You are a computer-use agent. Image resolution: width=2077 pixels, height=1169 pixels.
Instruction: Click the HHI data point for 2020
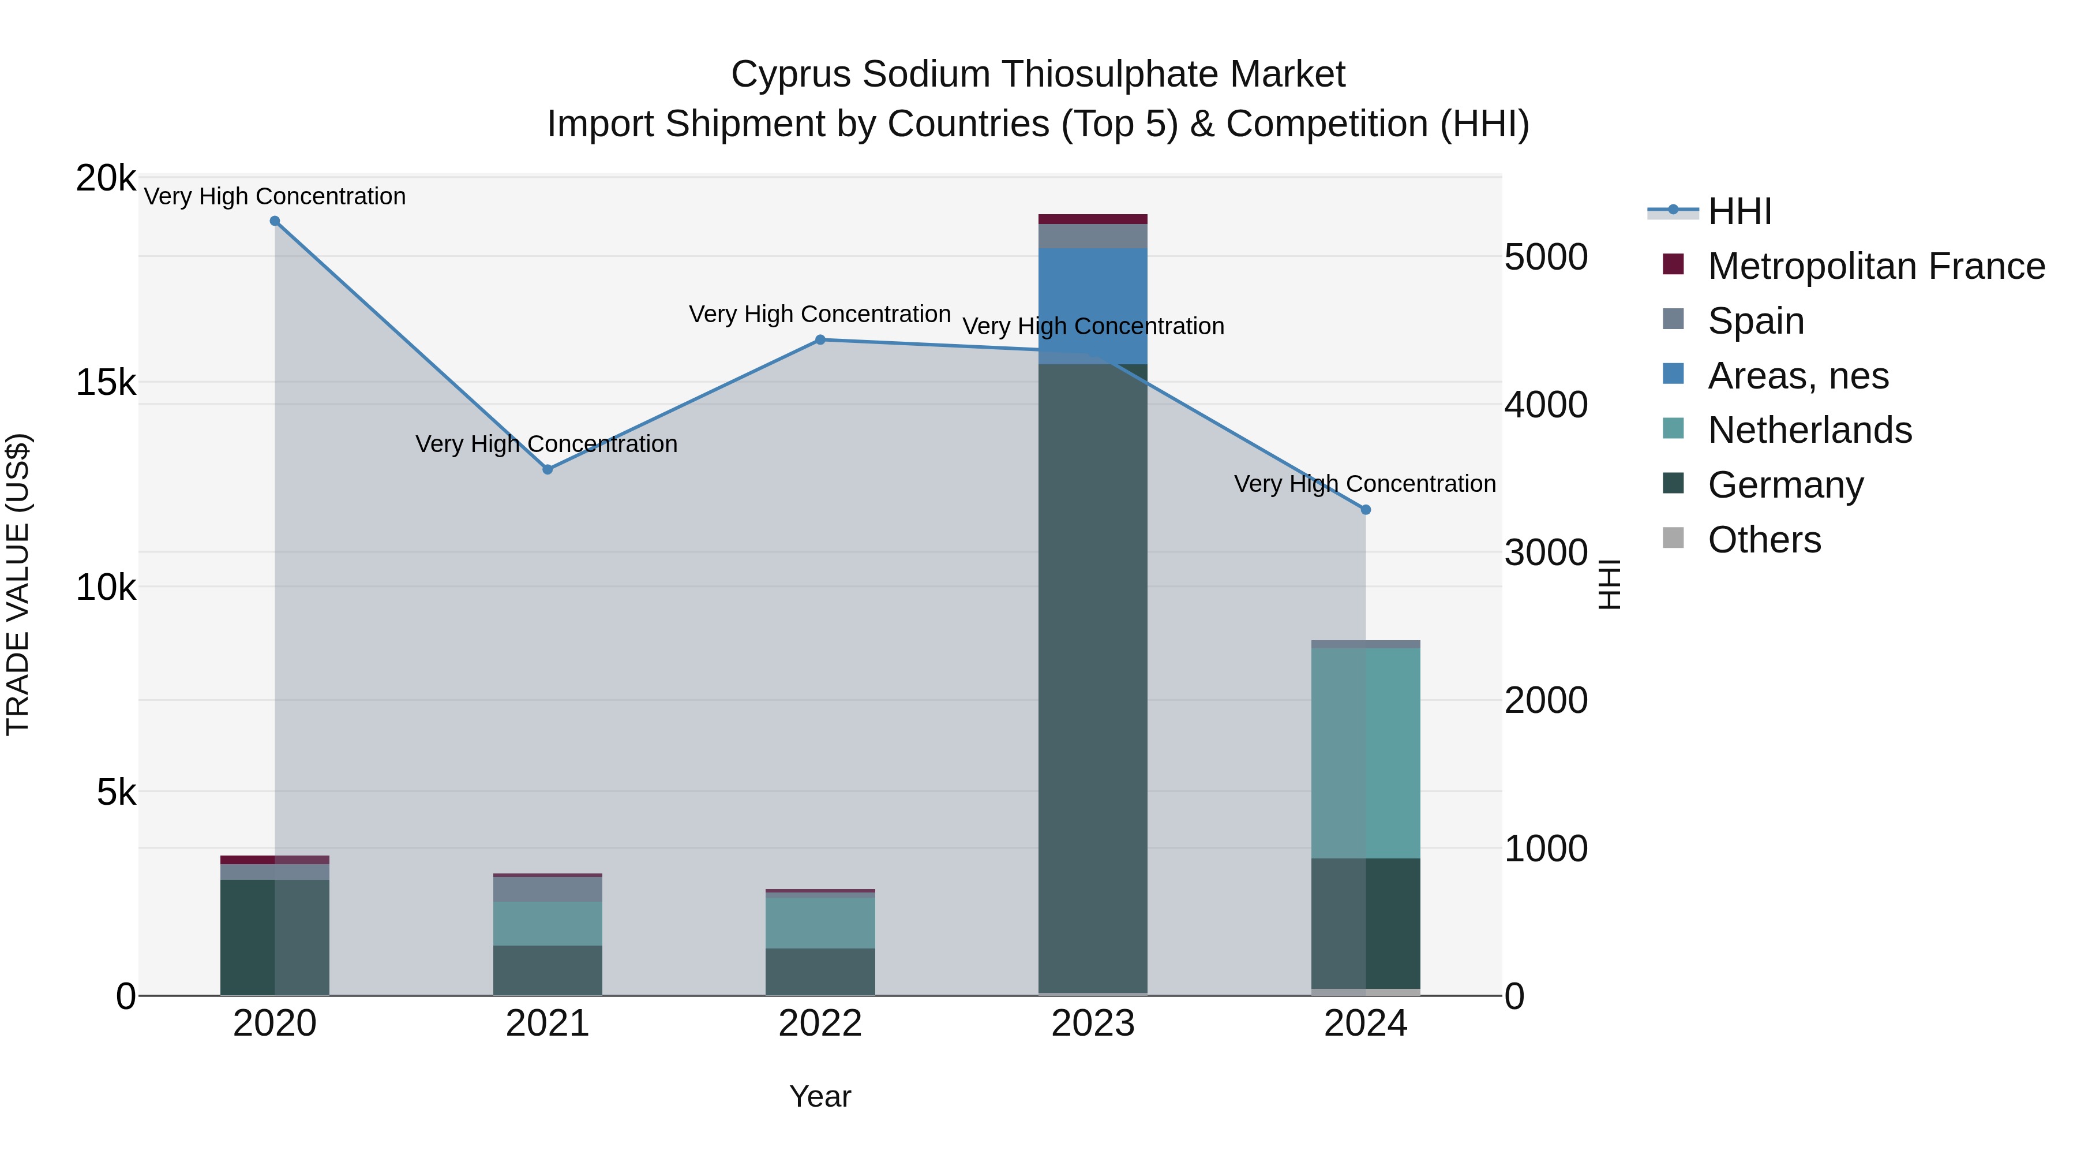coord(275,221)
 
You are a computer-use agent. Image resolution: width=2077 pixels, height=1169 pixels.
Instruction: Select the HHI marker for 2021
coord(548,469)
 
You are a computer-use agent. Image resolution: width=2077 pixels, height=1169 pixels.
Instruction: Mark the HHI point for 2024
coord(1366,510)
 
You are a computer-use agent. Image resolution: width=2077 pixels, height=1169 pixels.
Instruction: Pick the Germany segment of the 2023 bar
coord(1093,678)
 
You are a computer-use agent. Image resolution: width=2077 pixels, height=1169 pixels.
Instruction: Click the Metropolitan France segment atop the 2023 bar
coord(1093,219)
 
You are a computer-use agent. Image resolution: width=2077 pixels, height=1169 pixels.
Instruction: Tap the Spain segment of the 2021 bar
coord(548,889)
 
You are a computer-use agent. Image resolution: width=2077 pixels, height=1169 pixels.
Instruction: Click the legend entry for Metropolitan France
coord(1876,266)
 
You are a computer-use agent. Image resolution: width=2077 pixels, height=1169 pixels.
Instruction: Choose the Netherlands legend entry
coord(1809,430)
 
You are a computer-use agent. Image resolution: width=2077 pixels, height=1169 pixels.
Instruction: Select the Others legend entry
coord(1764,540)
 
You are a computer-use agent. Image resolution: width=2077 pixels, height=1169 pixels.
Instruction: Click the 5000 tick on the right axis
coord(1546,257)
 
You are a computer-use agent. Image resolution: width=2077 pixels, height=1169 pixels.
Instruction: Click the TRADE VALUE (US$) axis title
coord(18,585)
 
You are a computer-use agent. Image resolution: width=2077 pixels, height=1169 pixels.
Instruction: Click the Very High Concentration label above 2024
coord(1364,484)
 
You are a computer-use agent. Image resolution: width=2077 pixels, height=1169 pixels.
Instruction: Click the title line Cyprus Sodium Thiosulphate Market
coord(1038,75)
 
